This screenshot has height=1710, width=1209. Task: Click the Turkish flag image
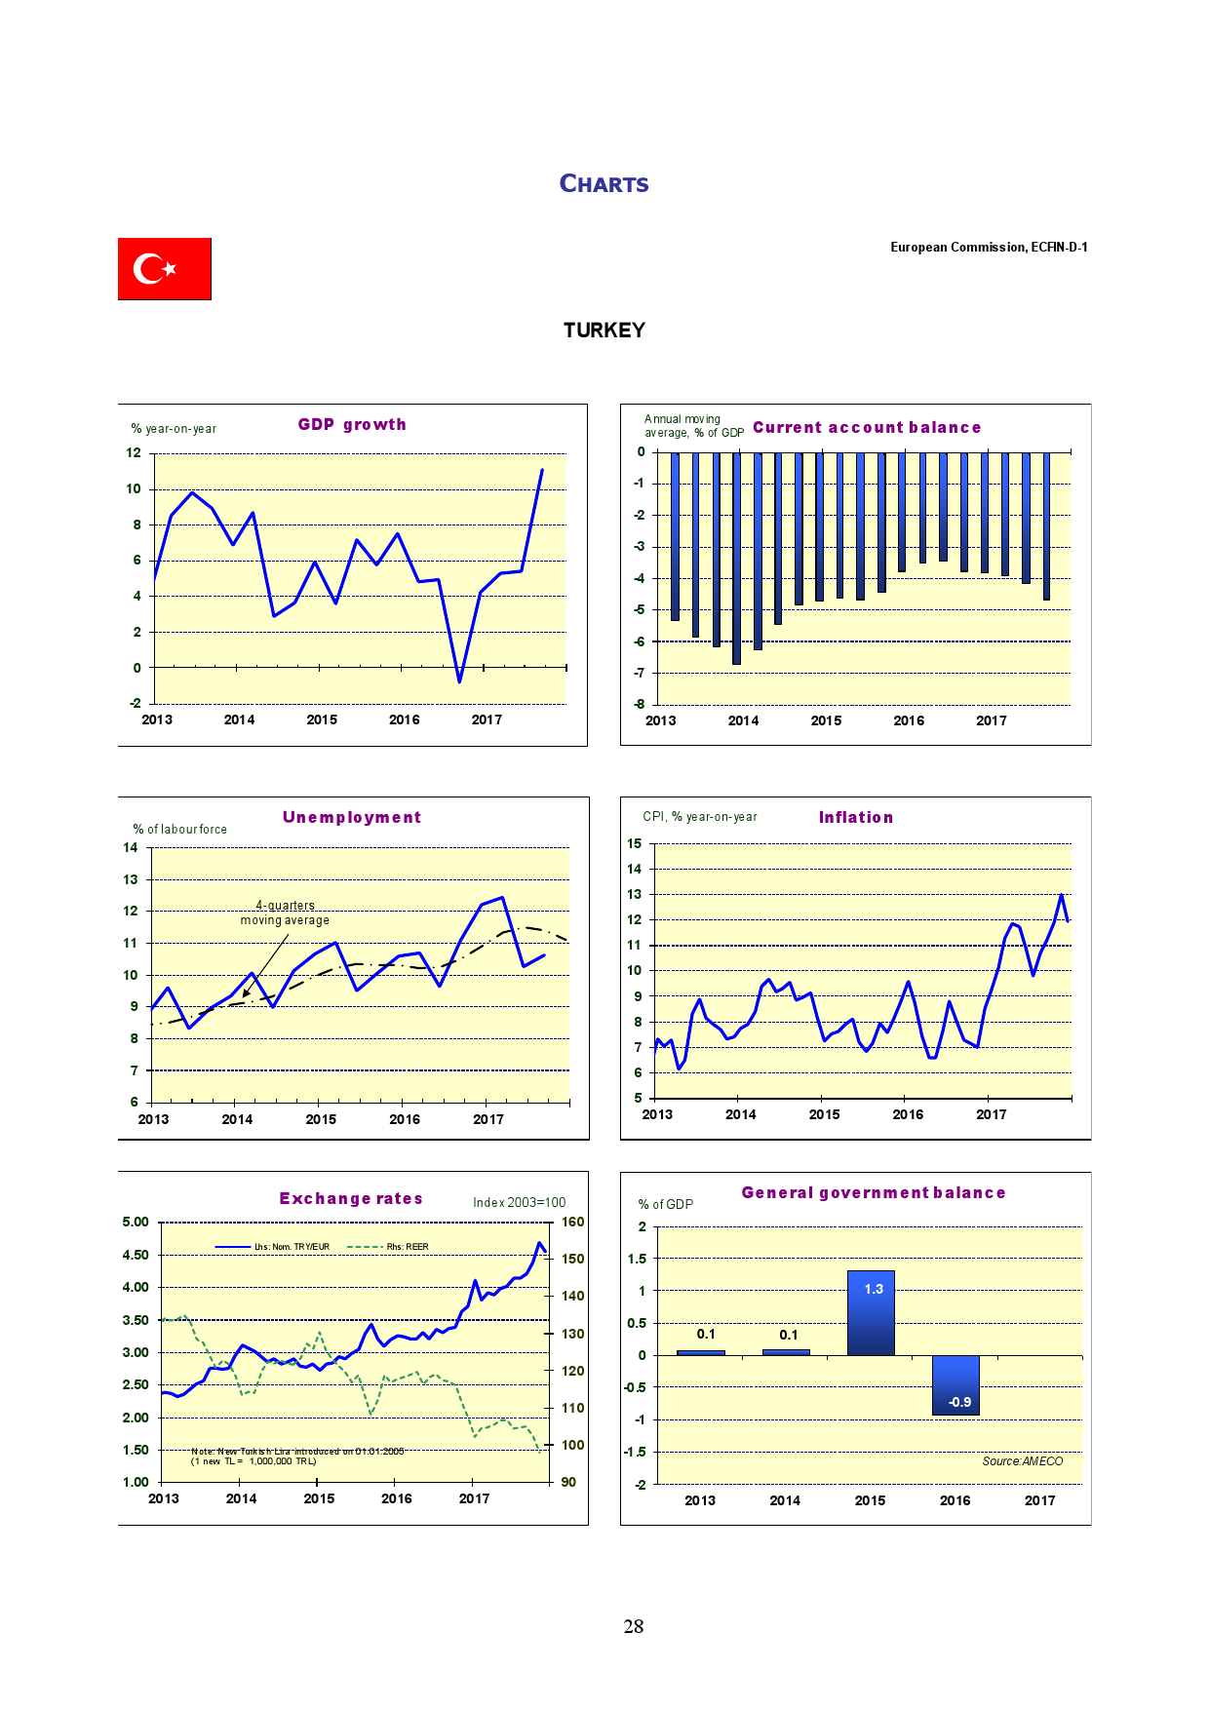point(164,268)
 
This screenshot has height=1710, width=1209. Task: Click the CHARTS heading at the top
point(604,184)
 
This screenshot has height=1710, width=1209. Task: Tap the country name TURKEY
point(604,330)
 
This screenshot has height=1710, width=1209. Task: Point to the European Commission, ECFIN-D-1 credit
point(988,248)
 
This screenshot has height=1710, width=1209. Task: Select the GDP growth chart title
point(352,425)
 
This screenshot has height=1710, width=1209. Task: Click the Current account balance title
point(866,428)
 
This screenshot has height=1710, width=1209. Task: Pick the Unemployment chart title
point(351,818)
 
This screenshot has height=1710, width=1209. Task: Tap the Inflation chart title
point(855,818)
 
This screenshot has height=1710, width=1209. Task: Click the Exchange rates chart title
point(351,1199)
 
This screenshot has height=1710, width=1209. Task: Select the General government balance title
point(873,1193)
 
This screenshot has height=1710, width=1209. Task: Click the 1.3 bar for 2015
point(871,1312)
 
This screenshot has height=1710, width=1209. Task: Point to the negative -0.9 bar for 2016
point(955,1384)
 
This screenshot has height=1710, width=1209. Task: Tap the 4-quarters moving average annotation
point(285,913)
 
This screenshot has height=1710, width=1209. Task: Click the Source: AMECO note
point(1022,1461)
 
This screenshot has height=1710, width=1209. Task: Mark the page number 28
point(634,1626)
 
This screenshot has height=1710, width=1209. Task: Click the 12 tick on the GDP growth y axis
point(134,453)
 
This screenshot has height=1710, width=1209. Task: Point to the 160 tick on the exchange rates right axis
point(573,1223)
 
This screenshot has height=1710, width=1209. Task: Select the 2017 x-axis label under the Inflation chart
point(991,1114)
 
